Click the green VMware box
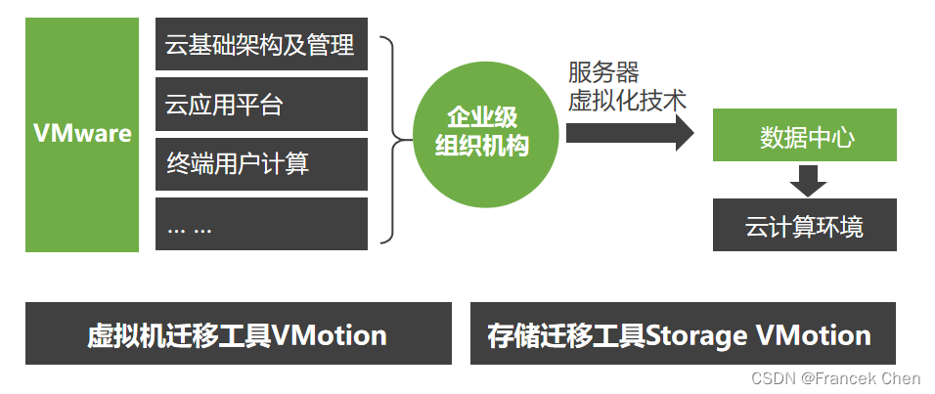click(x=82, y=134)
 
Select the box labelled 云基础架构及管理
click(x=261, y=44)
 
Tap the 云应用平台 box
click(x=261, y=104)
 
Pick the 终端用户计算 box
click(x=261, y=163)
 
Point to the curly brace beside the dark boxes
click(x=391, y=137)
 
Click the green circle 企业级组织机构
click(x=481, y=133)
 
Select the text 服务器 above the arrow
click(x=603, y=72)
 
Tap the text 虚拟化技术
click(x=627, y=100)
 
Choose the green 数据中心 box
click(x=805, y=137)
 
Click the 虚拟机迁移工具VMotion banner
click(x=238, y=334)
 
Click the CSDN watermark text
click(x=772, y=378)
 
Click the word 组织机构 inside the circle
click(x=481, y=148)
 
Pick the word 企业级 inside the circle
click(x=481, y=118)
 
